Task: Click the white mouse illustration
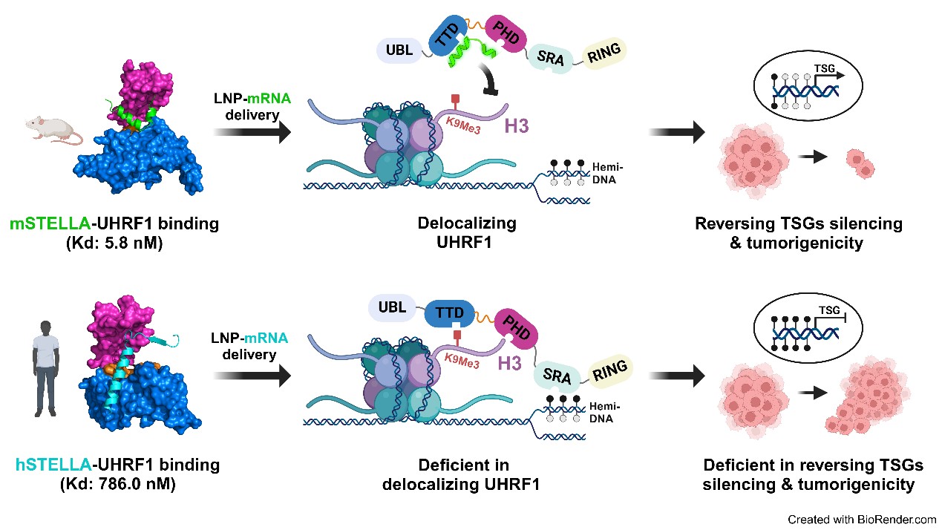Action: tap(54, 131)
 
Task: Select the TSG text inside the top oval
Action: tap(825, 68)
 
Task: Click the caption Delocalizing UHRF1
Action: tap(466, 232)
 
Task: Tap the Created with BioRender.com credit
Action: tap(862, 520)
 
